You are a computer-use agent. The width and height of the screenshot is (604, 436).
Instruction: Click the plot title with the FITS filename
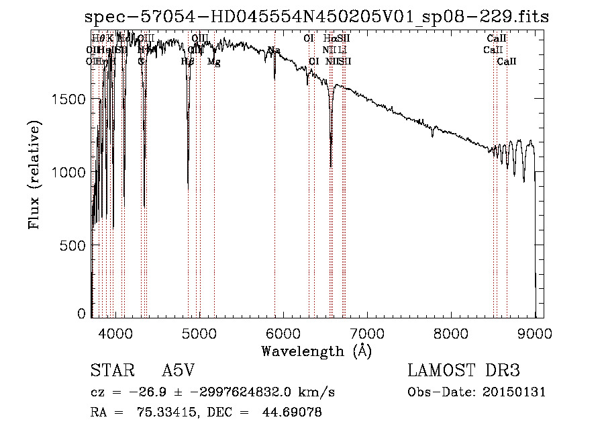pos(321,17)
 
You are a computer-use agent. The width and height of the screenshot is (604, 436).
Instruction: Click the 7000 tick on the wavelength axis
pos(366,332)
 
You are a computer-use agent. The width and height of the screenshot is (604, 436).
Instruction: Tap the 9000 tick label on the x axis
pos(534,332)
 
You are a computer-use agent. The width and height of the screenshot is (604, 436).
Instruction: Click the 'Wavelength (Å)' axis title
pos(316,350)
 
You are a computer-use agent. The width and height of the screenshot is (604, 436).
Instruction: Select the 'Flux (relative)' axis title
pos(34,175)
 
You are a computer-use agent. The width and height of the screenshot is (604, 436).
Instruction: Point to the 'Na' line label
pos(274,51)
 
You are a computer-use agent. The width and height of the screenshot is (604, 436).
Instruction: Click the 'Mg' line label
pos(213,62)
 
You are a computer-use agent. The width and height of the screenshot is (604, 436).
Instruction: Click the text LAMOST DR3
pos(464,372)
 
